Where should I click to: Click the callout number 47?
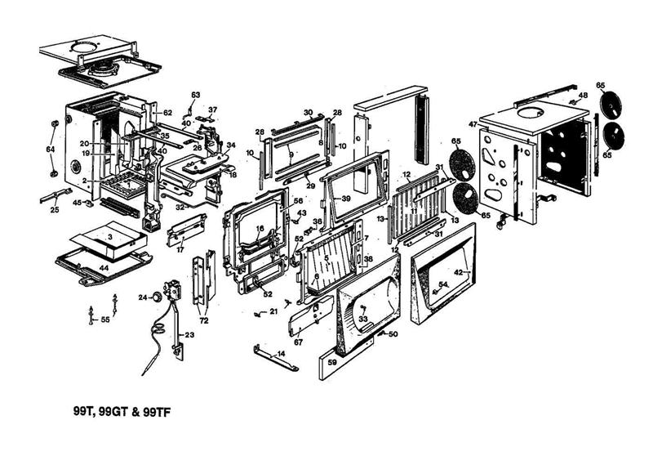point(472,124)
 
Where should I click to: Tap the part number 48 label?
point(583,96)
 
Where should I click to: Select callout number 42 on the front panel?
point(459,272)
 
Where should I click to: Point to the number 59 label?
point(332,361)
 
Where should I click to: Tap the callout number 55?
point(104,320)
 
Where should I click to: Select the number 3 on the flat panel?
point(109,235)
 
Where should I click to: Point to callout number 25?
point(55,210)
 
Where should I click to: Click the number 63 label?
point(195,96)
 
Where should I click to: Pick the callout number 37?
point(212,110)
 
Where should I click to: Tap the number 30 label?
point(309,112)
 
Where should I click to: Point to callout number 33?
point(363,319)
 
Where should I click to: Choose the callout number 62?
point(167,112)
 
